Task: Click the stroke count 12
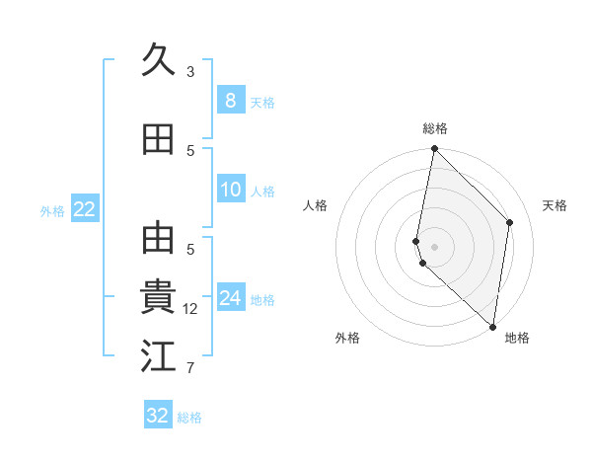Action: click(190, 309)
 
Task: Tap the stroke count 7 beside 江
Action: click(190, 369)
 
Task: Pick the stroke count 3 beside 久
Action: click(190, 71)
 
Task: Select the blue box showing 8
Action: click(230, 100)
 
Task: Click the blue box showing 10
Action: click(230, 190)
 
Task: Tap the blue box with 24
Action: click(230, 298)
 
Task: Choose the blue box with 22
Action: click(84, 208)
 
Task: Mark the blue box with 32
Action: click(158, 415)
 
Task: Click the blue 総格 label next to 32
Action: click(189, 418)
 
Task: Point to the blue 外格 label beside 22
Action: click(52, 210)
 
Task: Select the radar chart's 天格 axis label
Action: click(555, 205)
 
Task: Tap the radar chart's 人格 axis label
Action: click(315, 205)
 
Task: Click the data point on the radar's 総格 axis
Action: click(434, 149)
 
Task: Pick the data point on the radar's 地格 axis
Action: click(493, 327)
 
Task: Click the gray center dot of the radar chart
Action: click(434, 246)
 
